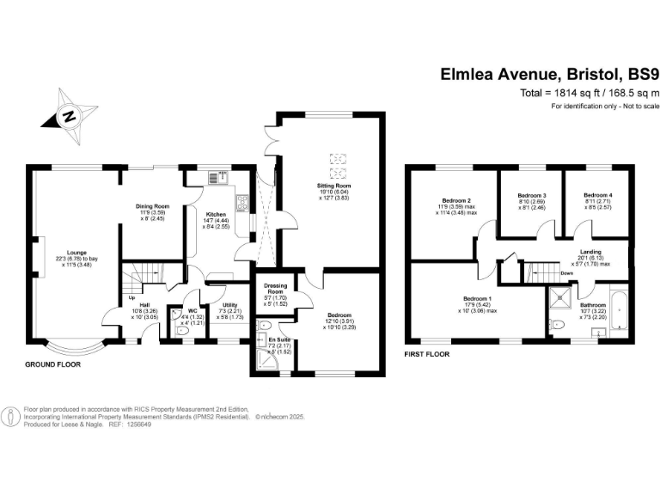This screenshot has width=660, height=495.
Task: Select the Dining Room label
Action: (x=153, y=206)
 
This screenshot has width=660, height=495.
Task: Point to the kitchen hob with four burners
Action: (x=244, y=205)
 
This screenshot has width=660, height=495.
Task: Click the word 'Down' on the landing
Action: (x=566, y=272)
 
